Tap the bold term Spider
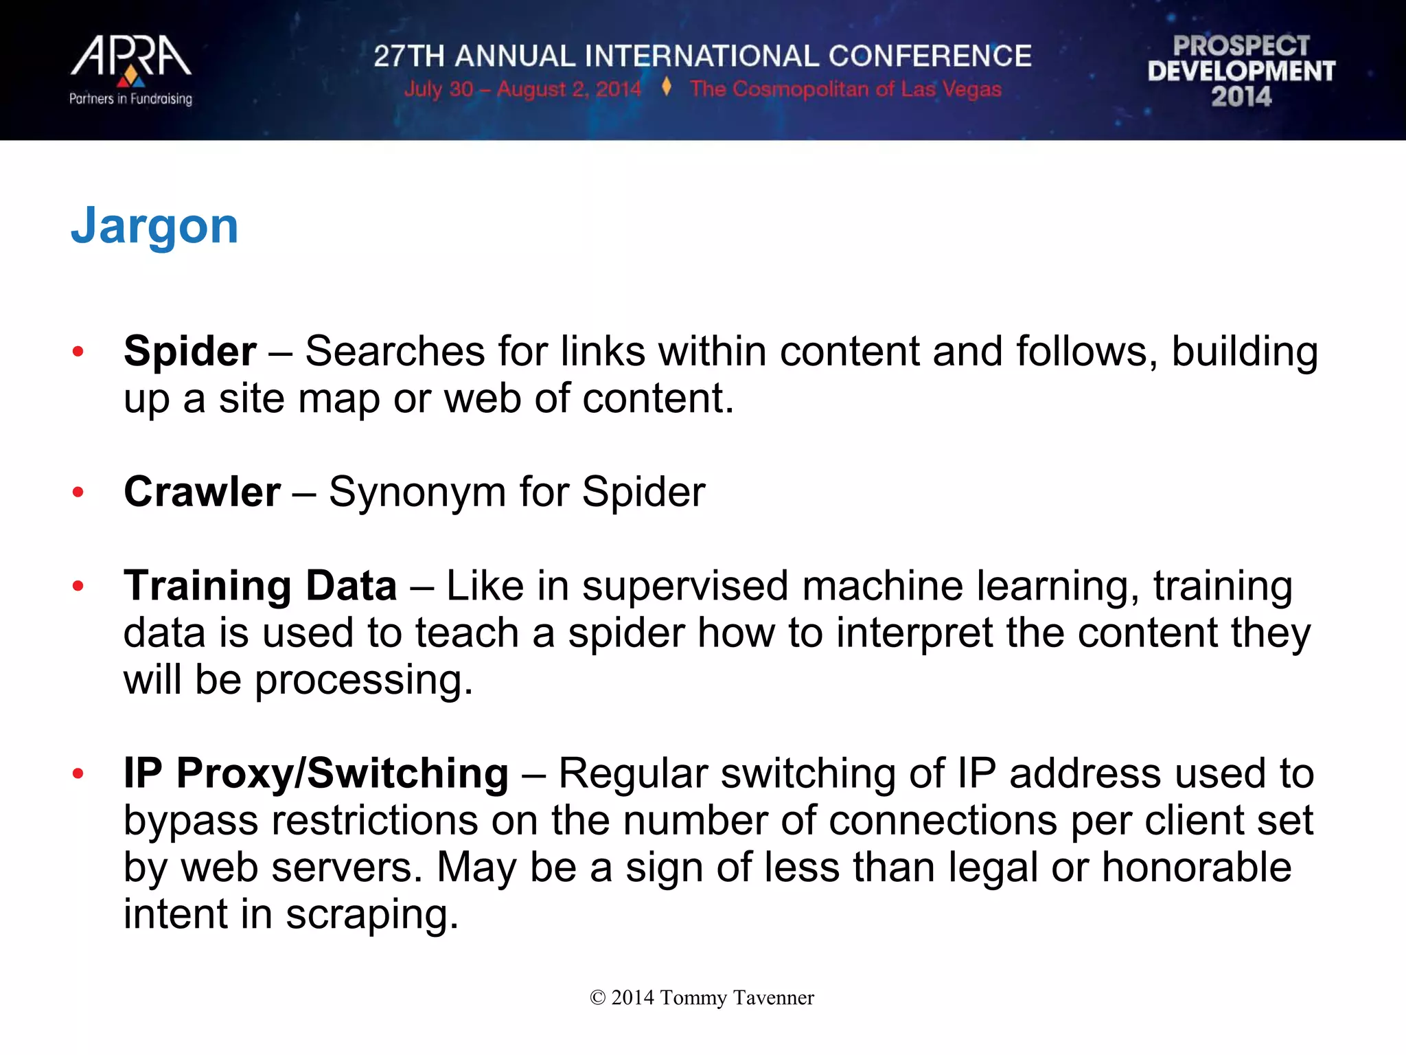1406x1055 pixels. point(190,352)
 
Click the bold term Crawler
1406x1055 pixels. point(202,492)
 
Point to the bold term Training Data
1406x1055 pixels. point(260,586)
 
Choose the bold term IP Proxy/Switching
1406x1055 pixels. point(316,773)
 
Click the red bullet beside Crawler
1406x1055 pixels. point(78,492)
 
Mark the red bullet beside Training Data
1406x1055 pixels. point(78,586)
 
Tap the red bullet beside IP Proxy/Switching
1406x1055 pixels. point(78,773)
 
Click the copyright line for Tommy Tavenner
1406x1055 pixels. point(702,997)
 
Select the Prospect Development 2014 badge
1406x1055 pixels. point(1241,71)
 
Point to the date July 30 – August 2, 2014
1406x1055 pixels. point(522,89)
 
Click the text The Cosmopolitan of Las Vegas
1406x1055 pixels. point(846,89)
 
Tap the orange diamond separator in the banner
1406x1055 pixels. point(666,87)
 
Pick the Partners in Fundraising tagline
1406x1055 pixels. point(130,99)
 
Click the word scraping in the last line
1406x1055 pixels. point(371,916)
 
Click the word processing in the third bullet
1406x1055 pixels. point(363,681)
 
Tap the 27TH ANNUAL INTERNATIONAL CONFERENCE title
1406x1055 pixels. point(702,56)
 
